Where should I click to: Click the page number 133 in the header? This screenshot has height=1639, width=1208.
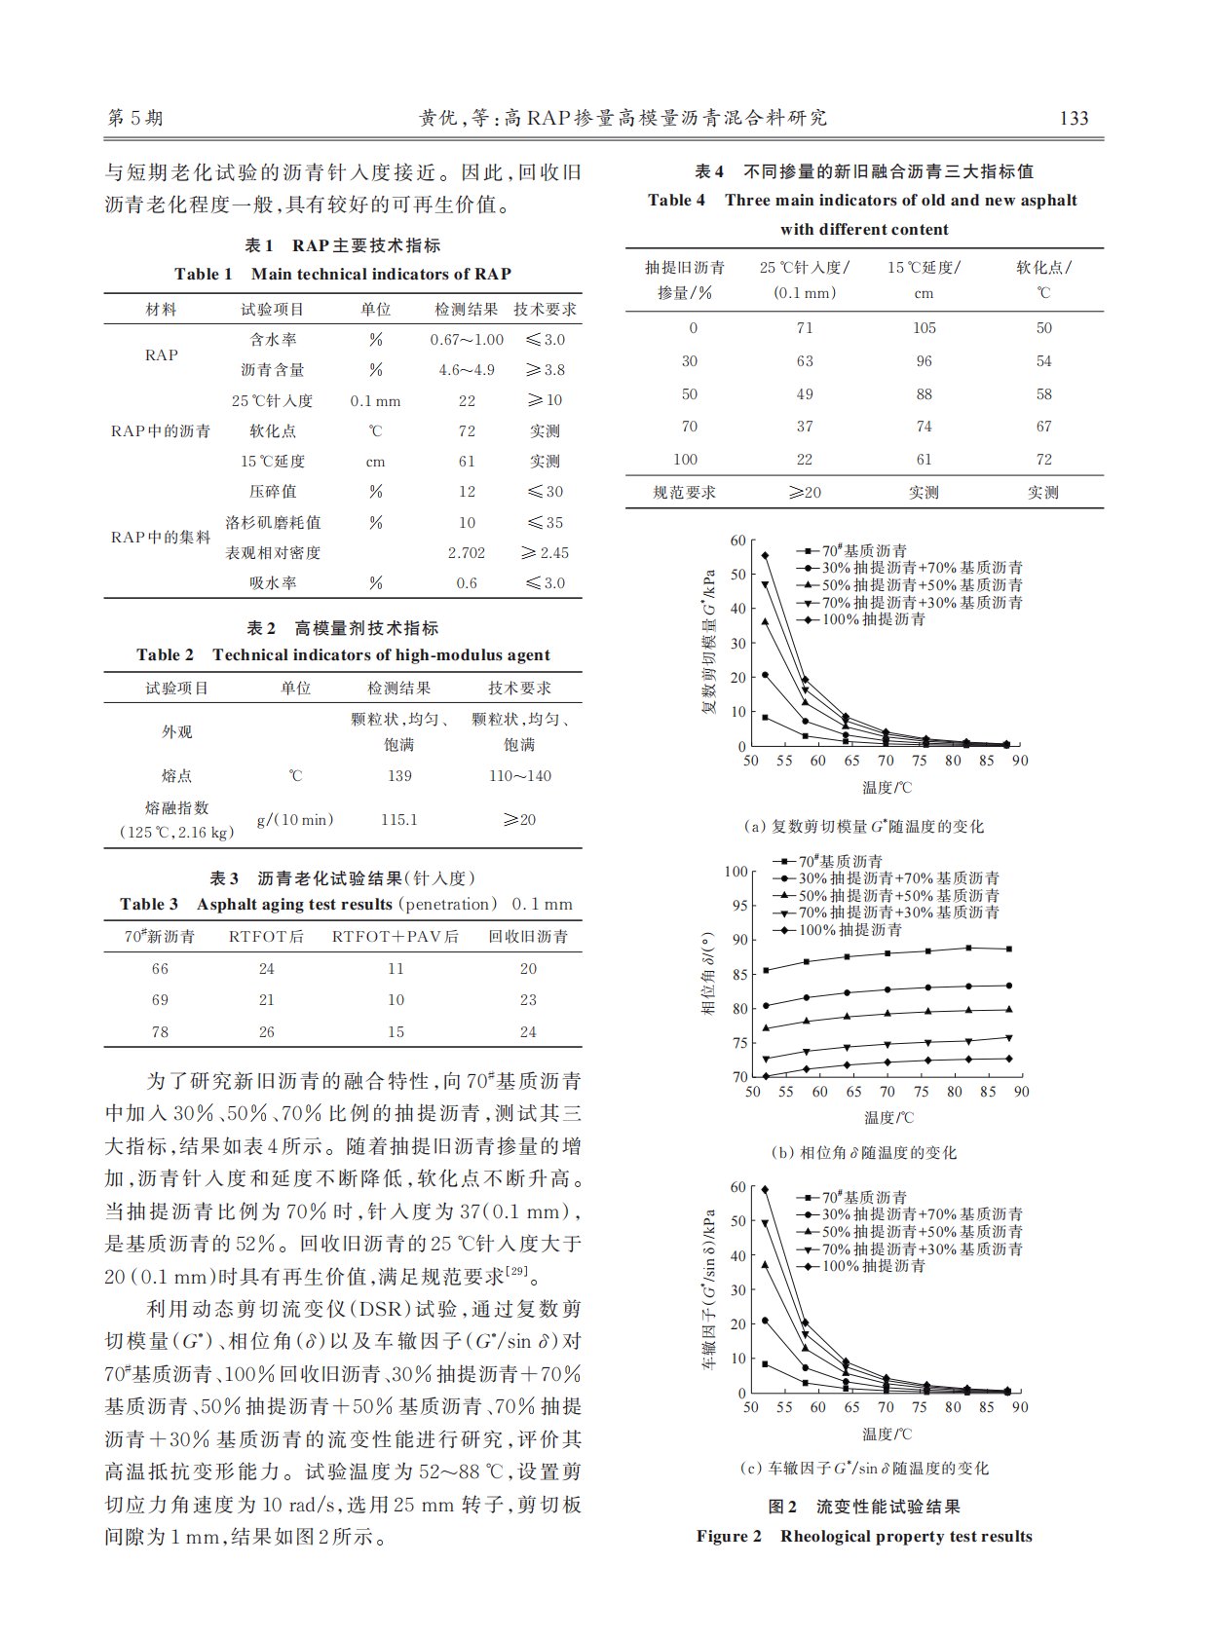tap(1073, 119)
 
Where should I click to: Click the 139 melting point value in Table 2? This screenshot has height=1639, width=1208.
tap(399, 776)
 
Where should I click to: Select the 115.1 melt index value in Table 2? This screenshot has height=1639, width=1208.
tap(399, 820)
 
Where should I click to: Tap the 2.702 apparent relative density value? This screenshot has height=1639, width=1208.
tap(467, 553)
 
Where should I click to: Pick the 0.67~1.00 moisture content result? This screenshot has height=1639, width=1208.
tap(467, 340)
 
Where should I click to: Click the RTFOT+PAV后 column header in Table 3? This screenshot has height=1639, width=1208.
tap(395, 937)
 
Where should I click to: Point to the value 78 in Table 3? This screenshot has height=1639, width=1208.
tap(160, 1032)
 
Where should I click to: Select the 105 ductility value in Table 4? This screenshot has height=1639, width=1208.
tap(924, 328)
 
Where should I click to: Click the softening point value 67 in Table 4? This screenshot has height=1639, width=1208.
tap(1043, 427)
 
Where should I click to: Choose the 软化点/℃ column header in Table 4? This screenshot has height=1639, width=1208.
tap(1043, 279)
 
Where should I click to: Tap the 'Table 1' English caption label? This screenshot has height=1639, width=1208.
tap(204, 275)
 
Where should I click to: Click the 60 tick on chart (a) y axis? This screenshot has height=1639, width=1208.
tap(737, 541)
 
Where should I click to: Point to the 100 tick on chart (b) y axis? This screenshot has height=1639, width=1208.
tap(736, 872)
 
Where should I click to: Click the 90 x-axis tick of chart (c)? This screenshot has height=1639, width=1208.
tap(1019, 1407)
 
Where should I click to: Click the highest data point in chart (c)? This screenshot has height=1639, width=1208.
tap(765, 1189)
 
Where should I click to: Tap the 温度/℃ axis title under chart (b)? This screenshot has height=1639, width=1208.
tap(887, 1118)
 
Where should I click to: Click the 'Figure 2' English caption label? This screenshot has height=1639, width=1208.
tap(729, 1537)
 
